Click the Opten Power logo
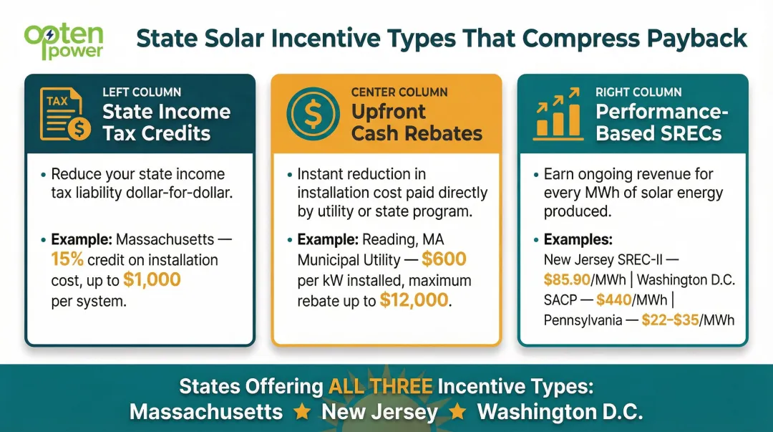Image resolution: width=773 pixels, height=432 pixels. tap(64, 42)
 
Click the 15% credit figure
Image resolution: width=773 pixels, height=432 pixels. tap(67, 259)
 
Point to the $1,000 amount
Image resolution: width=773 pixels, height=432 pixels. tap(152, 279)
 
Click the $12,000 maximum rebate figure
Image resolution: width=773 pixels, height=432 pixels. tap(414, 301)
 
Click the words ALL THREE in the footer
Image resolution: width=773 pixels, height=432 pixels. tap(380, 387)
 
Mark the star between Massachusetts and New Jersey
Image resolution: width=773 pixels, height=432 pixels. tap(302, 412)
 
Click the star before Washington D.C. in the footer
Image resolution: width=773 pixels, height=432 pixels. tap(458, 412)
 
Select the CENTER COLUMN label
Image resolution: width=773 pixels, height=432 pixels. tap(399, 92)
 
